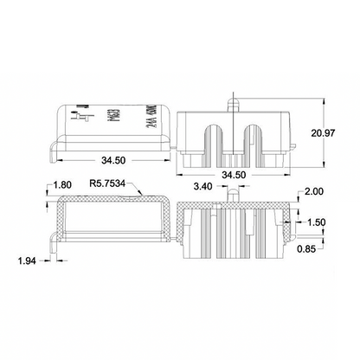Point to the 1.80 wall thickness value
click(x=61, y=185)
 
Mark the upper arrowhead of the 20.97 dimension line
click(x=324, y=97)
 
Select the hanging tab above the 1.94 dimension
click(x=55, y=246)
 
